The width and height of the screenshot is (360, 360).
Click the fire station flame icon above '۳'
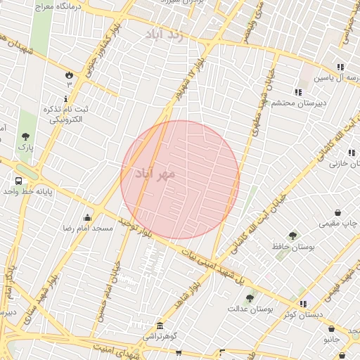(69, 74)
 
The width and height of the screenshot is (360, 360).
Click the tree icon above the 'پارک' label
(25, 136)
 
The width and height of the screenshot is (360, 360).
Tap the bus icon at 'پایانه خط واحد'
(18, 180)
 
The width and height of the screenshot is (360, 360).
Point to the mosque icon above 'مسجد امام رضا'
(87, 217)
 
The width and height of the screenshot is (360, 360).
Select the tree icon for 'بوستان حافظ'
(292, 236)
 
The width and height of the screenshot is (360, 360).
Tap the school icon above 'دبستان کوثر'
(303, 304)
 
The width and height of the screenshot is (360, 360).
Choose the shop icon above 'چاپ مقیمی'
(338, 212)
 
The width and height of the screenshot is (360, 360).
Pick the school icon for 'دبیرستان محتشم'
(298, 92)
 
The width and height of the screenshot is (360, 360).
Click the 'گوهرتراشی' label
(151, 337)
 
